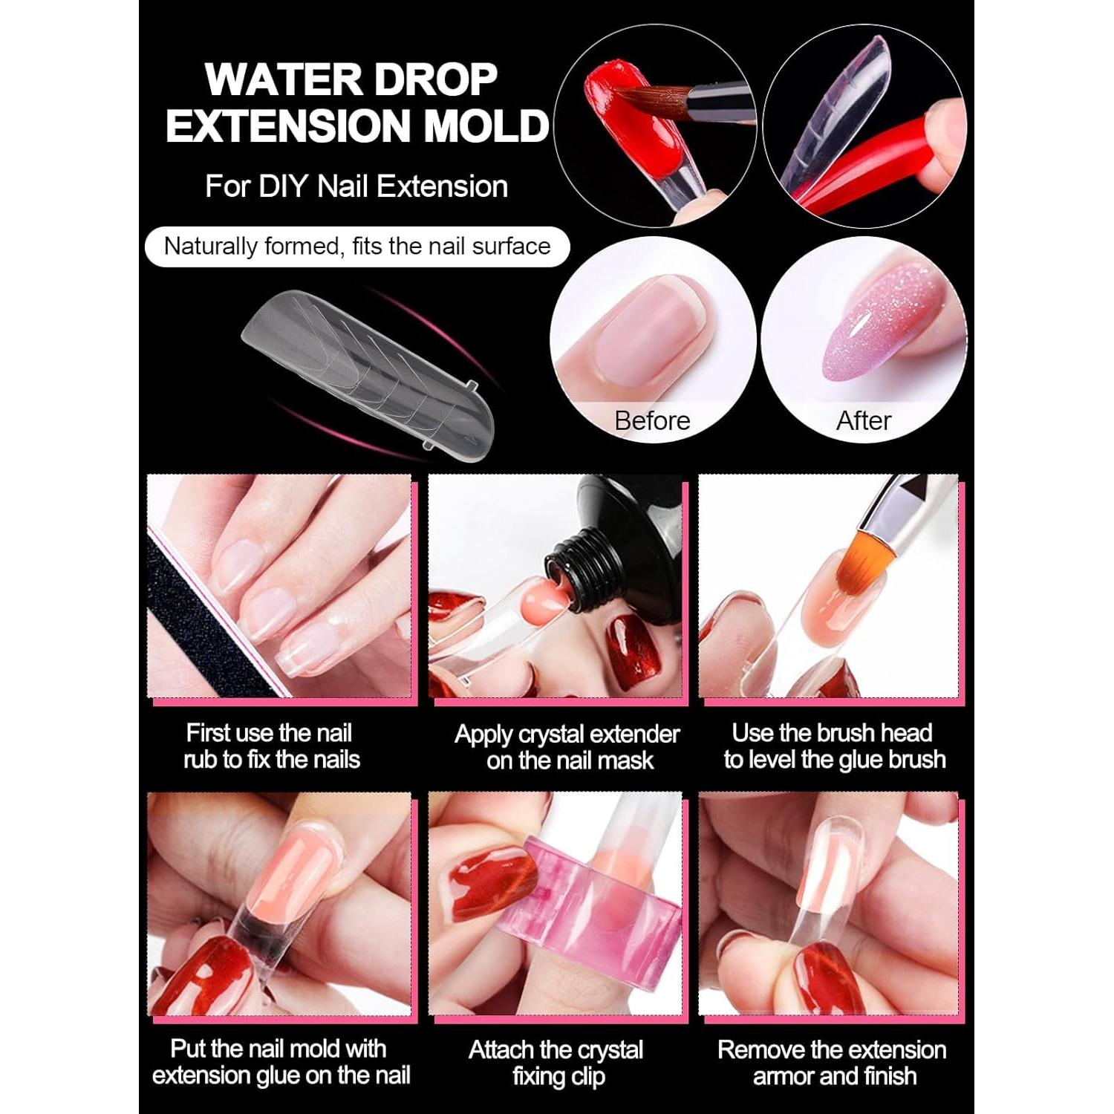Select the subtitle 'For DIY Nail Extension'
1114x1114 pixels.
(356, 186)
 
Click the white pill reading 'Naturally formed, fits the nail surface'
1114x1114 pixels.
(357, 247)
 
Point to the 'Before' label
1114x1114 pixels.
(652, 421)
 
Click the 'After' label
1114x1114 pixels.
(863, 421)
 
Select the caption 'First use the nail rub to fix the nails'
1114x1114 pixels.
(271, 746)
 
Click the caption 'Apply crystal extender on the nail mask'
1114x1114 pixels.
(567, 747)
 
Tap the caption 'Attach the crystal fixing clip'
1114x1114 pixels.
(557, 1063)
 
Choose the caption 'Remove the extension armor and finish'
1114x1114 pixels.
(833, 1063)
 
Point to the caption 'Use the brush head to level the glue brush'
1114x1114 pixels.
(834, 746)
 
